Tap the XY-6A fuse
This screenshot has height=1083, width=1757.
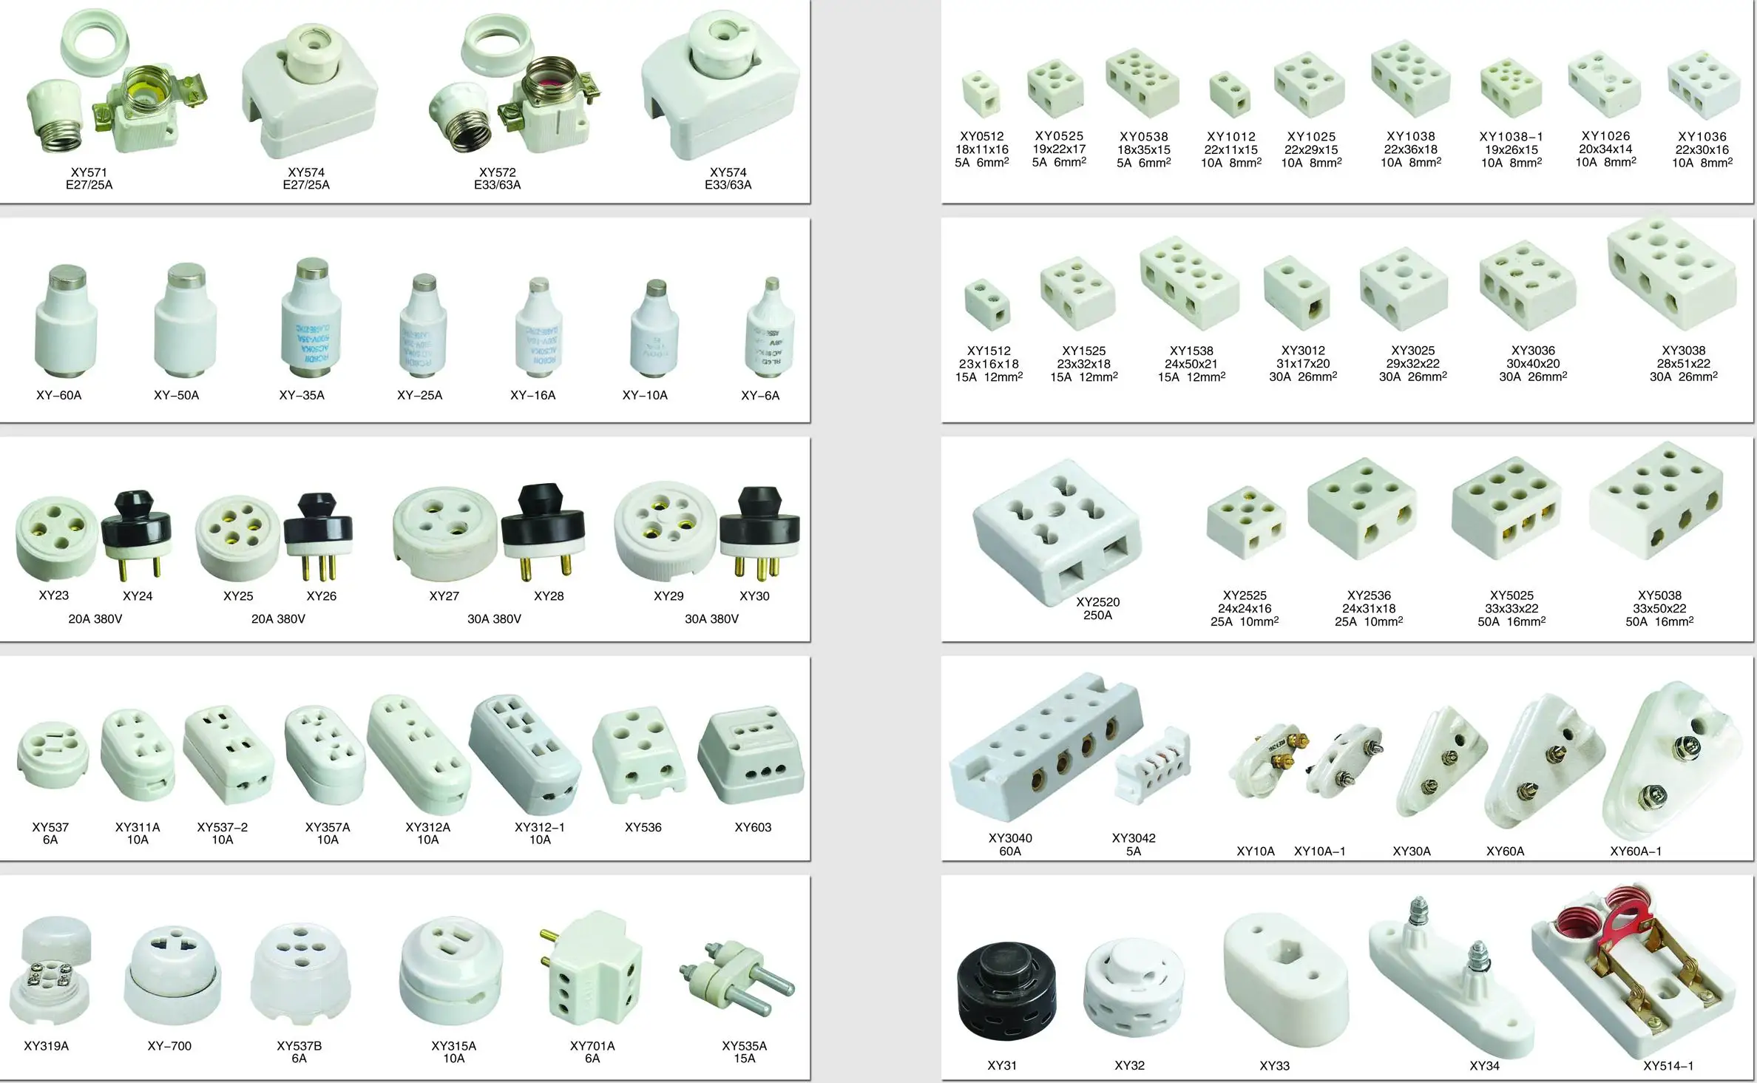coord(771,327)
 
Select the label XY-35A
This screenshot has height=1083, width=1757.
coord(302,395)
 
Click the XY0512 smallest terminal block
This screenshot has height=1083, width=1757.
coord(981,94)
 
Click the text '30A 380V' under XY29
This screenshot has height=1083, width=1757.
coord(711,618)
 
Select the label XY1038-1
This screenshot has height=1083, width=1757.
coord(1511,137)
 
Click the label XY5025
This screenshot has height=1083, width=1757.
coord(1511,596)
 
